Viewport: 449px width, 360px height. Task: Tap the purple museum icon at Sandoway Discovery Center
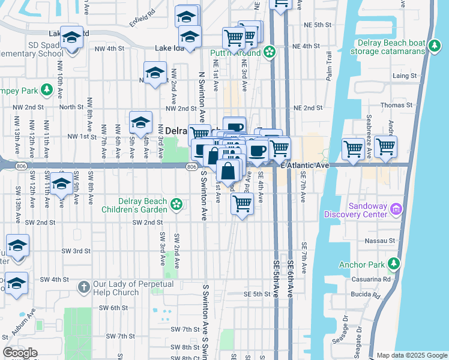396,209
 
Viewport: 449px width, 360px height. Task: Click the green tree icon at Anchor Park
394,263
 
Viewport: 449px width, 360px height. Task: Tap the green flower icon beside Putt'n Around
270,53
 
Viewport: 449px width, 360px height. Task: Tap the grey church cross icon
83,287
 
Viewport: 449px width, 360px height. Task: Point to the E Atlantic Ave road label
306,165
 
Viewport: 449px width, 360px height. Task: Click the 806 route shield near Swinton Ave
191,166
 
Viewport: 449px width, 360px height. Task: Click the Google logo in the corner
20,353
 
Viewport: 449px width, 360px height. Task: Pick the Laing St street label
405,76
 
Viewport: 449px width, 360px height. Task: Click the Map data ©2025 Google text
411,355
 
